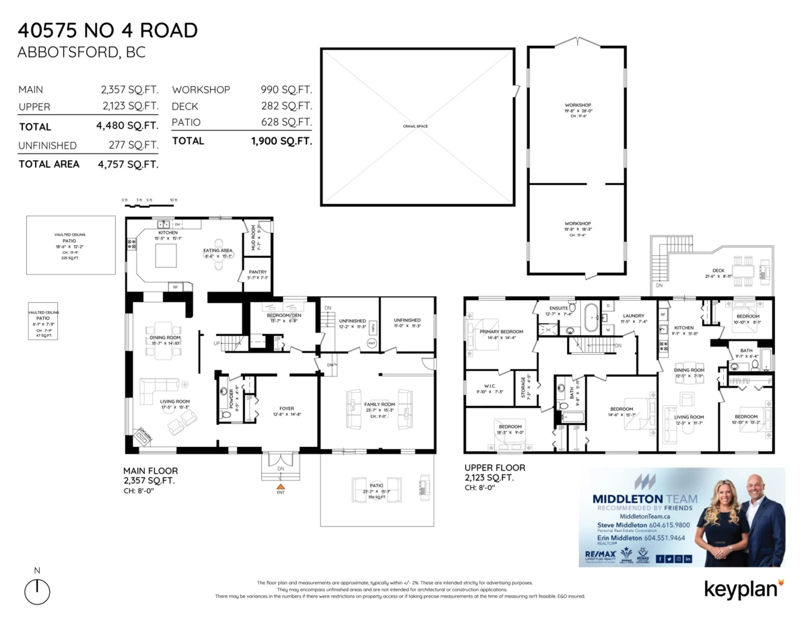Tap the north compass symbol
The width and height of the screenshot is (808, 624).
(x=37, y=591)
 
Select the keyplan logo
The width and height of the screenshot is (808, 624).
(x=743, y=588)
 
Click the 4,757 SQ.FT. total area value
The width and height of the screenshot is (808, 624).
(x=127, y=164)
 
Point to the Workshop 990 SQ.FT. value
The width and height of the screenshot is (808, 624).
(x=286, y=90)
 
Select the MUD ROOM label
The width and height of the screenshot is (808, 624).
(x=254, y=238)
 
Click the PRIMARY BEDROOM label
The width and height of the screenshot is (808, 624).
(x=502, y=332)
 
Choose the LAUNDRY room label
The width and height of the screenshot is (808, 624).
(x=633, y=315)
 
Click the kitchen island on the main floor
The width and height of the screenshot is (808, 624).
(x=167, y=255)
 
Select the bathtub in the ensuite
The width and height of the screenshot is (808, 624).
(x=590, y=318)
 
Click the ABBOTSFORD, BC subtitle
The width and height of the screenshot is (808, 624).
(x=81, y=53)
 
